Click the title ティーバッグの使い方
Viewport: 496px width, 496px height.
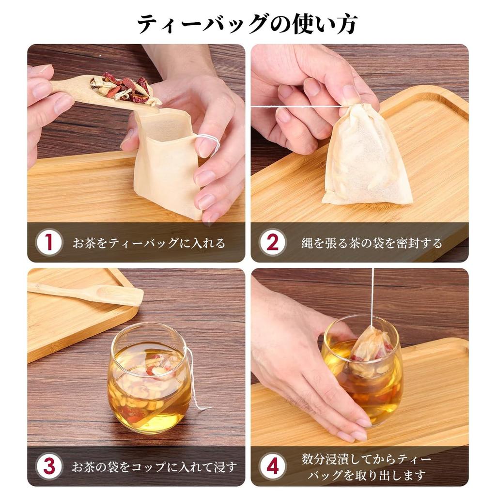[248, 24]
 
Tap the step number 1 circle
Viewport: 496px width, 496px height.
[49, 243]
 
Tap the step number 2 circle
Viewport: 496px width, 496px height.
[273, 243]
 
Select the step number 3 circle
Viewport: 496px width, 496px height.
[49, 467]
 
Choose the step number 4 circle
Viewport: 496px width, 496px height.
[273, 467]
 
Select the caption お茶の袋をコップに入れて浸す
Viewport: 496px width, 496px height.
[155, 467]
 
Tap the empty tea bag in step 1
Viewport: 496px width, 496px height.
[165, 160]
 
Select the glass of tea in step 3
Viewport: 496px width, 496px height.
[148, 378]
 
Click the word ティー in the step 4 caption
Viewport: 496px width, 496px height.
[418, 459]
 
